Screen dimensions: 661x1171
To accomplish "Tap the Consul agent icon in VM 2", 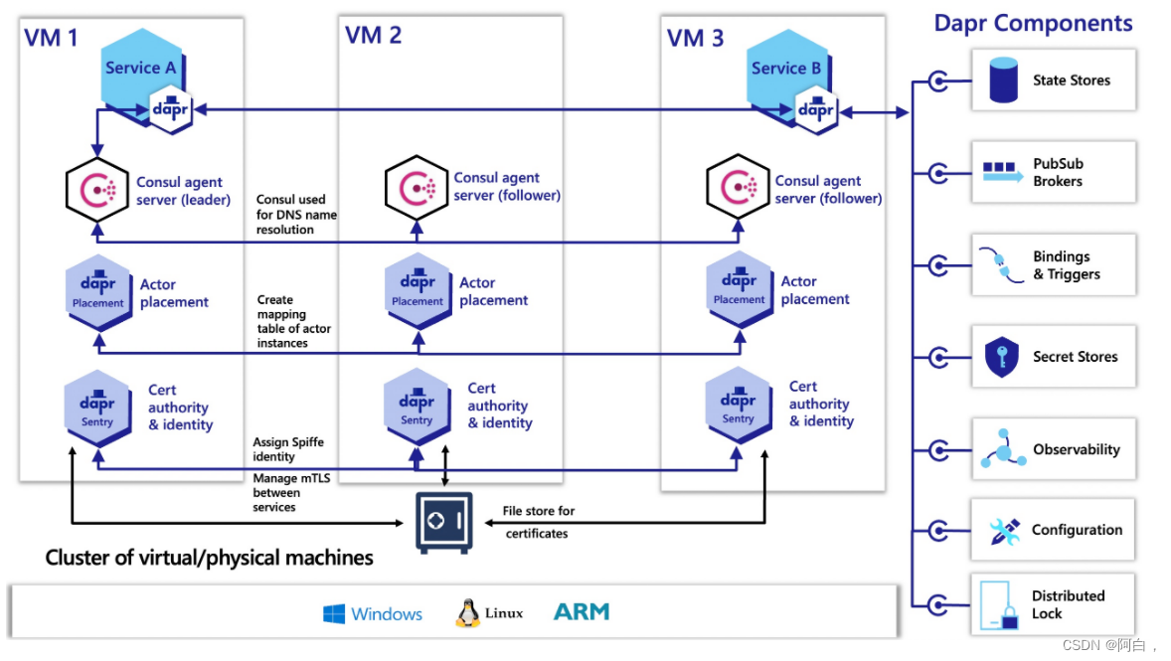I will pos(417,187).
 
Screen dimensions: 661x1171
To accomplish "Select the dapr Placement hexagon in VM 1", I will pos(97,291).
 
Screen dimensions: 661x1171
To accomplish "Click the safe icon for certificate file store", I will pos(442,520).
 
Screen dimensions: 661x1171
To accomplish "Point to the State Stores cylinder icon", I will pos(1004,81).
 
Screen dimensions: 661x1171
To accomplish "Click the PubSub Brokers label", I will pos(1058,172).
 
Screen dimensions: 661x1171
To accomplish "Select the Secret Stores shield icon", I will pos(1001,357).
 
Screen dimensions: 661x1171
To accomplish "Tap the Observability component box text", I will pos(1077,449).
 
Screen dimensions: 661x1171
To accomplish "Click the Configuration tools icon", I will pos(1004,531).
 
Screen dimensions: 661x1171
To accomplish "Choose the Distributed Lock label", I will pos(1068,604).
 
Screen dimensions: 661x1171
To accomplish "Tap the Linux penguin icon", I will pos(467,613).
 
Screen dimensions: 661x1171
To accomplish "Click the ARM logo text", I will pos(582,612).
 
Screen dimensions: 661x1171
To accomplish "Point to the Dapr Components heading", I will pos(1033,23).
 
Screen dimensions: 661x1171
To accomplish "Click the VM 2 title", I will pos(373,36).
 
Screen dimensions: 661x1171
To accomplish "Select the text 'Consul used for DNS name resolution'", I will pos(296,215).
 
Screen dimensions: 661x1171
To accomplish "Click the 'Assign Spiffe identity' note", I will pos(288,449).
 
